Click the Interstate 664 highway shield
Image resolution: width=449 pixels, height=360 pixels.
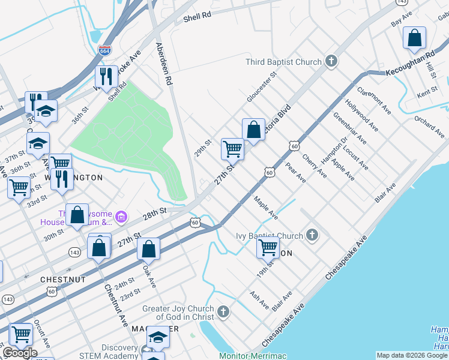pos(104,51)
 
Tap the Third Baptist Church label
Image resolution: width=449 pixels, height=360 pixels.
pos(284,62)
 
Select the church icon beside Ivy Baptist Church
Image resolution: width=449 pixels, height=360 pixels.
pos(312,235)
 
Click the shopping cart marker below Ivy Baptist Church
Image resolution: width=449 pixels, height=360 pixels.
pos(268,247)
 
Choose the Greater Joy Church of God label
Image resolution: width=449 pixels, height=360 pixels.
pos(177,313)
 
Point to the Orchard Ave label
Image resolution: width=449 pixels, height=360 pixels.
pos(429,123)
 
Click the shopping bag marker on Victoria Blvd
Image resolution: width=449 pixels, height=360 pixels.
pos(253,129)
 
